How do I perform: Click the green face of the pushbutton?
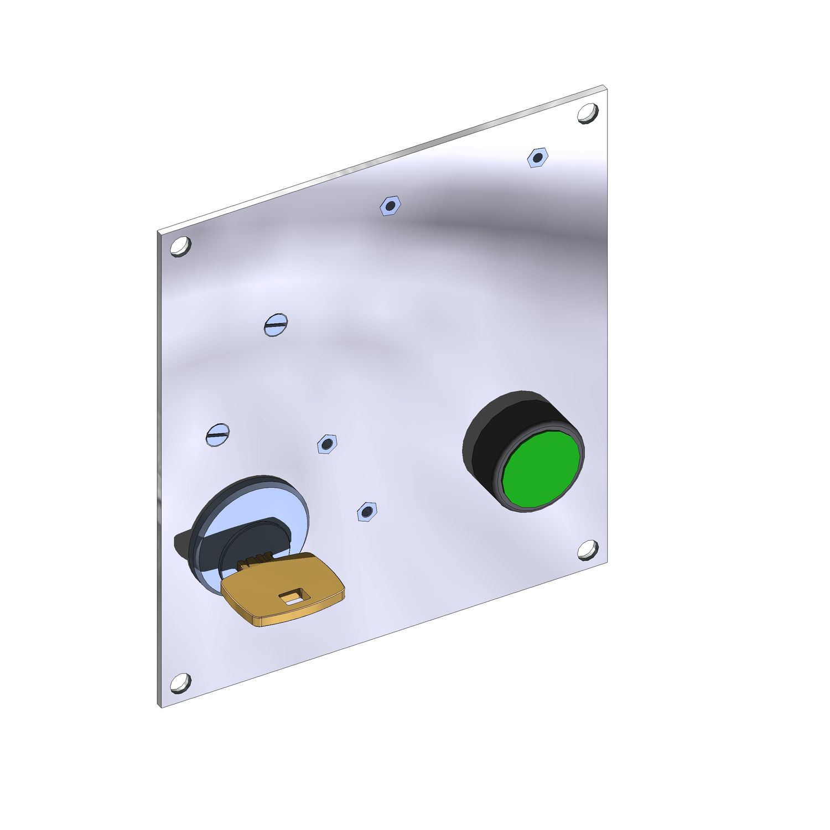pos(542,471)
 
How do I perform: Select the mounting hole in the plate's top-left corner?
pos(180,246)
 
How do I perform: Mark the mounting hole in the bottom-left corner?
pos(180,683)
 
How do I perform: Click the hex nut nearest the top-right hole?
pos(537,158)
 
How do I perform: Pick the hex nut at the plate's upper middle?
pos(390,206)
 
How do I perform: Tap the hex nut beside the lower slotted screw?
pos(326,444)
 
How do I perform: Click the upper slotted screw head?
pos(276,325)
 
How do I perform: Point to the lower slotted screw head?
pos(217,434)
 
